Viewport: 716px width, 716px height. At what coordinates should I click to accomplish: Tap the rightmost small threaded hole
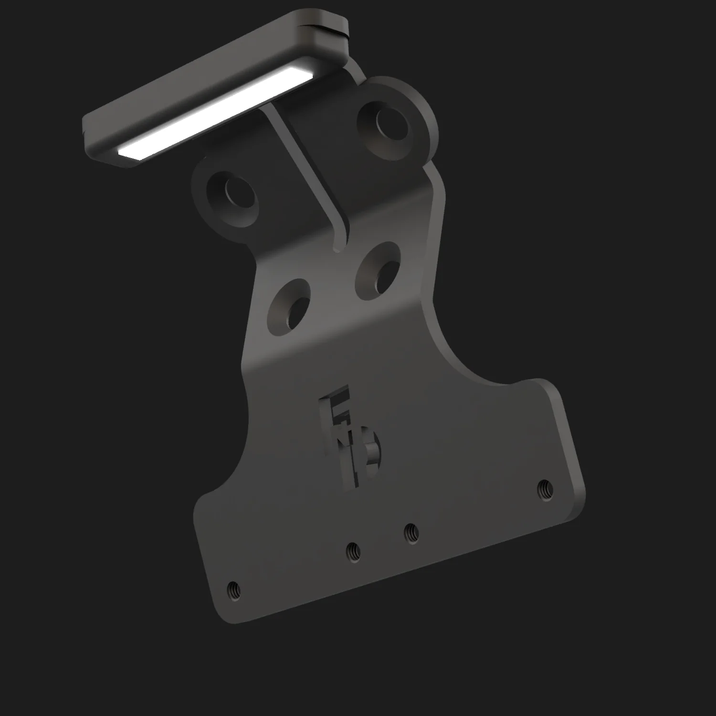[545, 489]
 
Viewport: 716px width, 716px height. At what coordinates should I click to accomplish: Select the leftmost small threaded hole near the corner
[233, 590]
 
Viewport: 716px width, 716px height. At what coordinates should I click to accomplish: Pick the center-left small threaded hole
[353, 552]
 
